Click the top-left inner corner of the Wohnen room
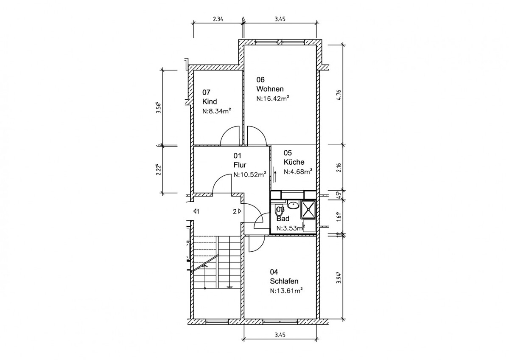pyautogui.click(x=244, y=45)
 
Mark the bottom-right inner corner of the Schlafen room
pyautogui.click(x=316, y=319)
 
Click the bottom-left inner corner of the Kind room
pyautogui.click(x=193, y=144)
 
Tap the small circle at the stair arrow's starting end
pyautogui.click(x=205, y=288)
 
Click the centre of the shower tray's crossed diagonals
pyautogui.click(x=309, y=208)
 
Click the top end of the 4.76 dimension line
pyautogui.click(x=343, y=45)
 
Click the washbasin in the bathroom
pyautogui.click(x=294, y=205)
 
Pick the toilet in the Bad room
pyautogui.click(x=278, y=211)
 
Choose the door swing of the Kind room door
pyautogui.click(x=230, y=135)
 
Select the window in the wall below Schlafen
pyautogui.click(x=280, y=321)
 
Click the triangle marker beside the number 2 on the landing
pyautogui.click(x=239, y=211)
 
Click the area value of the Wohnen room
pyautogui.click(x=273, y=98)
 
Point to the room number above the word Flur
pyautogui.click(x=237, y=156)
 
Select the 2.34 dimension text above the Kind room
pyautogui.click(x=218, y=19)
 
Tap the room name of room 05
pyautogui.click(x=294, y=162)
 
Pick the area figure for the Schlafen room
pyautogui.click(x=286, y=291)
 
